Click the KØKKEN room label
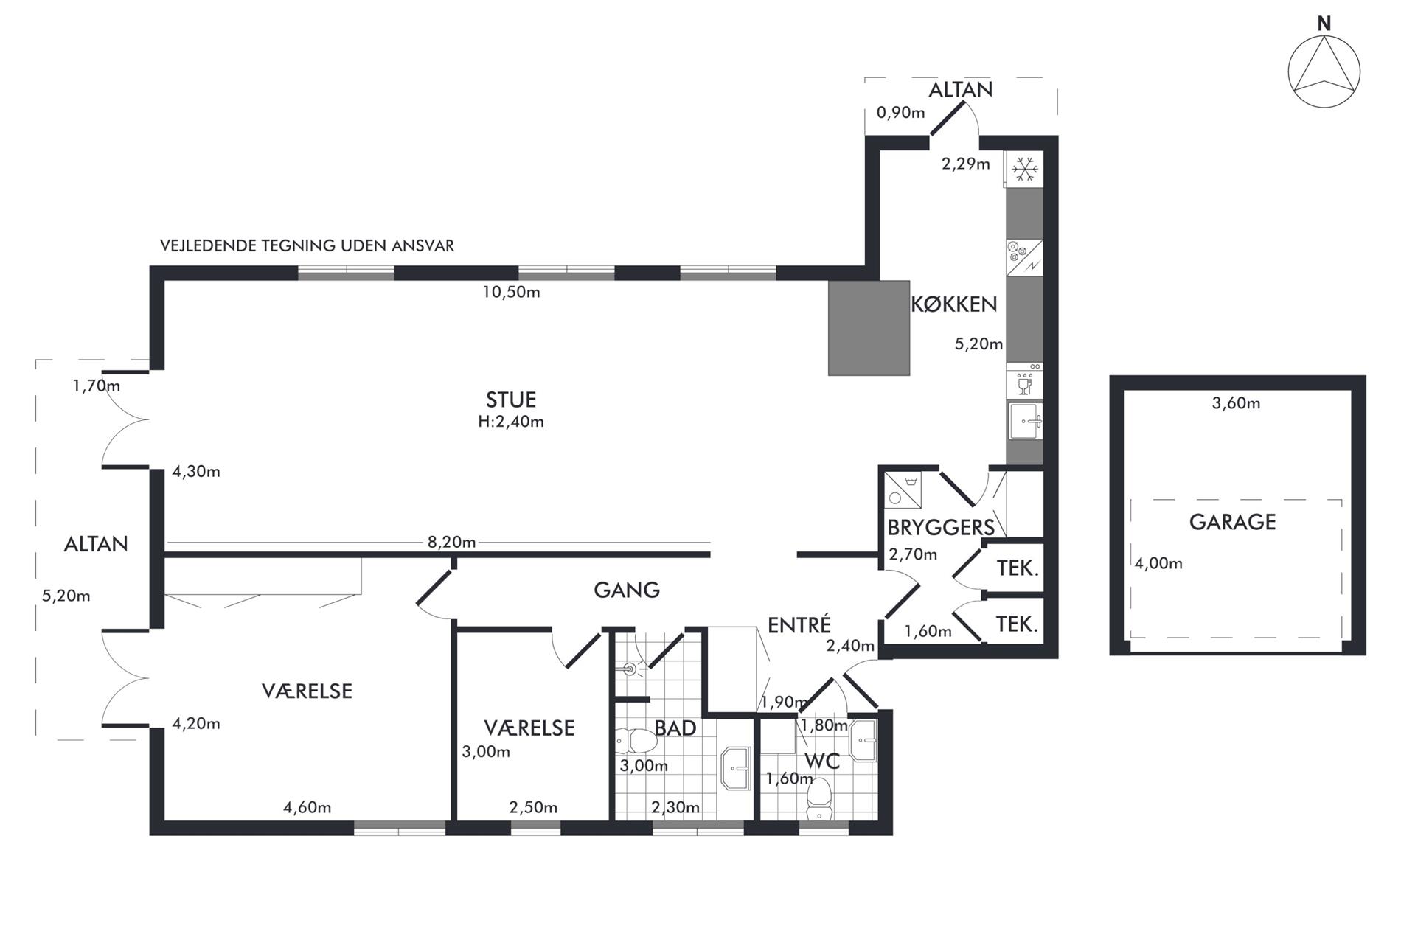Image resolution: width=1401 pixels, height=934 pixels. pyautogui.click(x=954, y=304)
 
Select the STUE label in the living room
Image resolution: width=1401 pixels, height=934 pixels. pyautogui.click(x=511, y=400)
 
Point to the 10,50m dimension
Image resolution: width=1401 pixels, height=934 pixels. pyautogui.click(x=511, y=292)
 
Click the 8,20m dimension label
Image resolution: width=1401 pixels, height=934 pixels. pyautogui.click(x=451, y=543)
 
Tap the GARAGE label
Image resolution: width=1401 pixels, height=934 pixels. pyautogui.click(x=1232, y=522)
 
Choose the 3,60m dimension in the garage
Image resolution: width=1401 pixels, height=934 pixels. pyautogui.click(x=1236, y=403)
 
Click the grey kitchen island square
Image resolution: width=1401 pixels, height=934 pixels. pyautogui.click(x=869, y=327)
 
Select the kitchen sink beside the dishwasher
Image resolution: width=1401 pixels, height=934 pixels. pyautogui.click(x=1026, y=421)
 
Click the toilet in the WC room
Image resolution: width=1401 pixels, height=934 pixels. pyautogui.click(x=818, y=800)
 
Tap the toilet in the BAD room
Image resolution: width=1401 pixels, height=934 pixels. pyautogui.click(x=635, y=739)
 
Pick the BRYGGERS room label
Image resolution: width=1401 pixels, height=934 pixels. pyautogui.click(x=941, y=528)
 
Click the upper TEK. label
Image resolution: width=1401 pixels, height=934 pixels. pyautogui.click(x=1018, y=568)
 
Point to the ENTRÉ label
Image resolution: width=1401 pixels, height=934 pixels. pyautogui.click(x=799, y=625)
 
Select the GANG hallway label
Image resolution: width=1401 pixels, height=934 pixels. pyautogui.click(x=627, y=590)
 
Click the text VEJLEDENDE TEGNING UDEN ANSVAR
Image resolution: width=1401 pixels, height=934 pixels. pyautogui.click(x=307, y=245)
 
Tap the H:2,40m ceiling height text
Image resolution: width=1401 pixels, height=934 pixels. pyautogui.click(x=511, y=422)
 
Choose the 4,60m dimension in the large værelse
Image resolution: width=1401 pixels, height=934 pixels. pyautogui.click(x=307, y=807)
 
